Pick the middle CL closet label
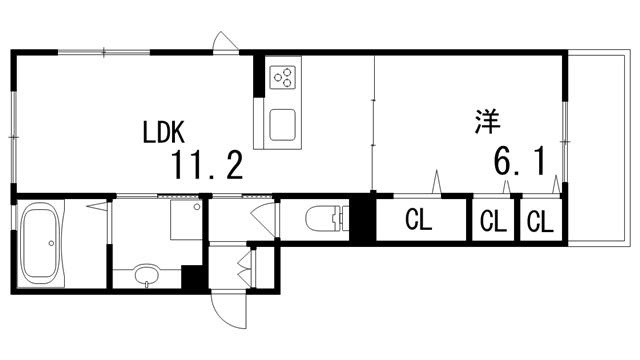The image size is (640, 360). (492, 221)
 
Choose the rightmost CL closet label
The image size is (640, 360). (540, 221)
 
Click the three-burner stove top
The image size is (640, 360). (284, 78)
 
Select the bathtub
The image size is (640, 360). (42, 243)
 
